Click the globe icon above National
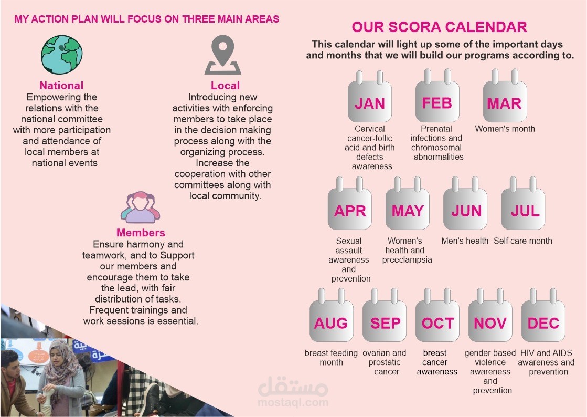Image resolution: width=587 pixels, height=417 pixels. tap(62, 55)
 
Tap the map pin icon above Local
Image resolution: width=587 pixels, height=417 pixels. tap(223, 55)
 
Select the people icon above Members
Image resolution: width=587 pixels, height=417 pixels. tap(141, 207)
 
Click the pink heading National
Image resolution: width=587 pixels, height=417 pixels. tap(62, 86)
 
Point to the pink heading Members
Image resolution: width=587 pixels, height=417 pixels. tap(141, 233)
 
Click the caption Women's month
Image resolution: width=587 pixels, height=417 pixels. tap(505, 129)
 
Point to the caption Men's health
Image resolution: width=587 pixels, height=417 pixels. tap(465, 241)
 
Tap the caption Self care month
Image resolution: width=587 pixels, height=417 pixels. tap(523, 241)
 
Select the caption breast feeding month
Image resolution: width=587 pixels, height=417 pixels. tap(332, 358)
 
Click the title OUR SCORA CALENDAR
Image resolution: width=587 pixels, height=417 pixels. tap(440, 27)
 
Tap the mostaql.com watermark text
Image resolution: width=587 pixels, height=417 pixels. tap(293, 403)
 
